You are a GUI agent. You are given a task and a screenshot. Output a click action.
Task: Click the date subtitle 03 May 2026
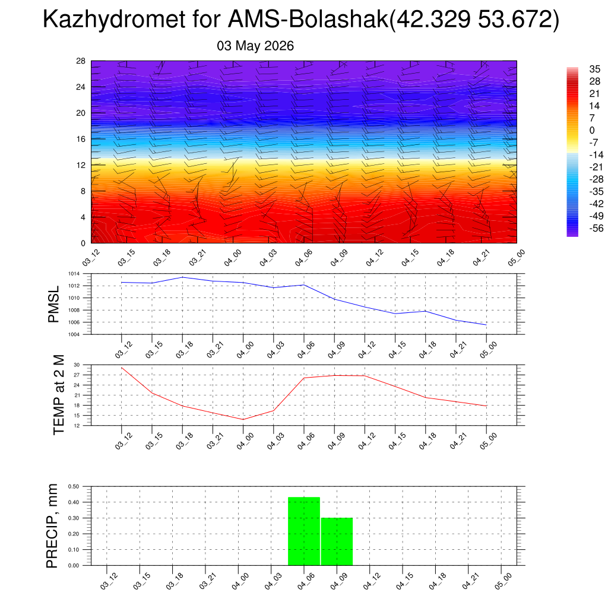pos(255,46)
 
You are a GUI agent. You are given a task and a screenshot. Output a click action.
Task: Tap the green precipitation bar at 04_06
pos(304,531)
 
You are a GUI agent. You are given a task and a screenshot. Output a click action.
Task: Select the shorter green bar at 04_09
pos(337,541)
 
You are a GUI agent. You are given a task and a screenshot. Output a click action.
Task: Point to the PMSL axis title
pos(53,305)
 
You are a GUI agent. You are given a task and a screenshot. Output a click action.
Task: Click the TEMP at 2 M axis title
pos(58,395)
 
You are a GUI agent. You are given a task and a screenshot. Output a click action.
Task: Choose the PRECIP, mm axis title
pos(52,526)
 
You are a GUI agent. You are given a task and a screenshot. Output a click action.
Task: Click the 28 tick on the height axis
pos(81,61)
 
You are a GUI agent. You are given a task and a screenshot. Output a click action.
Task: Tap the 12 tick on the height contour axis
pos(81,165)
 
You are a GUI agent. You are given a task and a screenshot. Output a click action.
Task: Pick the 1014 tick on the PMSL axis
pos(74,274)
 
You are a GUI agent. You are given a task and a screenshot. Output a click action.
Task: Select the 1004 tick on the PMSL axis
pos(74,335)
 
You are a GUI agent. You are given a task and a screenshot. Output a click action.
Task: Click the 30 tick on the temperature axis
pos(77,365)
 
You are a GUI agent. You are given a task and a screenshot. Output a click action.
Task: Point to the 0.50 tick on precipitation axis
pos(74,487)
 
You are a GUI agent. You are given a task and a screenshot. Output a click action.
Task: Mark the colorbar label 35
pos(594,69)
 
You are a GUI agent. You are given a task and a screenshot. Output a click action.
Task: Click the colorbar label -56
pos(596,228)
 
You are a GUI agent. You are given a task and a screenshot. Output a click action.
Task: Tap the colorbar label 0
pos(592,130)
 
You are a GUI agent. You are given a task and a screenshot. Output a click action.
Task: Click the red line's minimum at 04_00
pos(243,420)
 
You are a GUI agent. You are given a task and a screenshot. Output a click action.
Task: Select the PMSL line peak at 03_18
pos(183,277)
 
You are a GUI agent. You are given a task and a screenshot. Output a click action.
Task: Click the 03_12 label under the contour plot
pos(91,258)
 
